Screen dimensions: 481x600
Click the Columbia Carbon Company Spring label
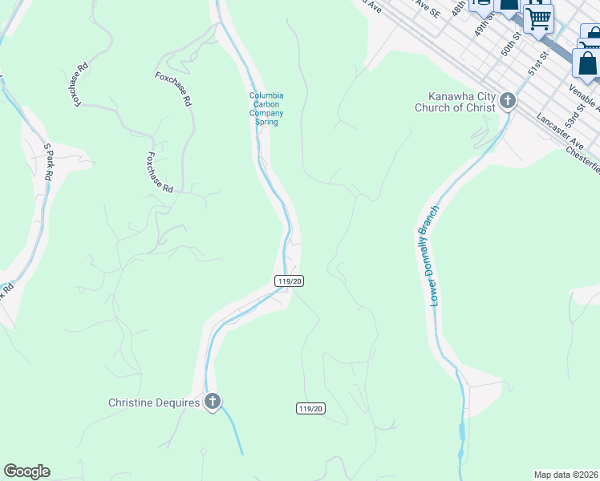coord(266,109)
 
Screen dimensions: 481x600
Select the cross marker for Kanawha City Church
coord(507,101)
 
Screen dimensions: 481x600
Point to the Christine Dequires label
coord(153,403)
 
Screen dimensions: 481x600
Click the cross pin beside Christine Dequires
coord(213,402)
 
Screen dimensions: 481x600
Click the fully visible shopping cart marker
coord(538,17)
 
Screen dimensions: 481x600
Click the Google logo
coord(26,471)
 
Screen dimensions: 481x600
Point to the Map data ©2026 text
coord(566,474)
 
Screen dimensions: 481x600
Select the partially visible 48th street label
coord(458,8)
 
